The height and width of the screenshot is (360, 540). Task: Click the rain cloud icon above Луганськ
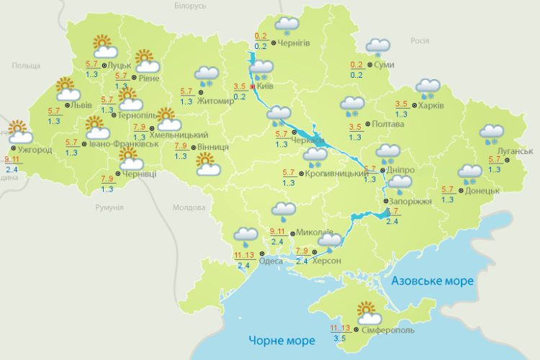pos(492,134)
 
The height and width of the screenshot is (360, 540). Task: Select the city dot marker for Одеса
pos(263,254)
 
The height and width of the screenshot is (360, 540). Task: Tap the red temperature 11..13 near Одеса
pos(243,255)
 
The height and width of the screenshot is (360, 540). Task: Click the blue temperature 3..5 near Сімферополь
pos(339,336)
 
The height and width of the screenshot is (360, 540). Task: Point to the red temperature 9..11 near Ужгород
pos(12,160)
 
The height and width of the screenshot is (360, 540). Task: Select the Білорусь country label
pos(190,6)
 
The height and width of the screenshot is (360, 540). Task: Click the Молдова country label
pos(189,207)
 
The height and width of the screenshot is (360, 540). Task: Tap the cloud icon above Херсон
pos(330,240)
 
